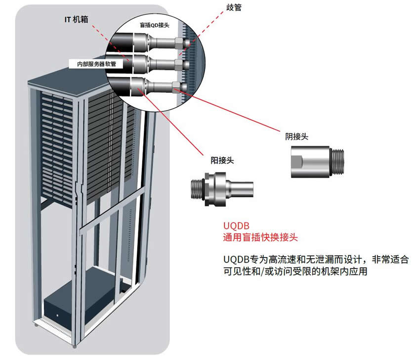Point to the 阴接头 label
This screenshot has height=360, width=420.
tap(296, 136)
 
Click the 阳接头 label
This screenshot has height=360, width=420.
tap(221, 160)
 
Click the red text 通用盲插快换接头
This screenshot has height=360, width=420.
tap(260, 237)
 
